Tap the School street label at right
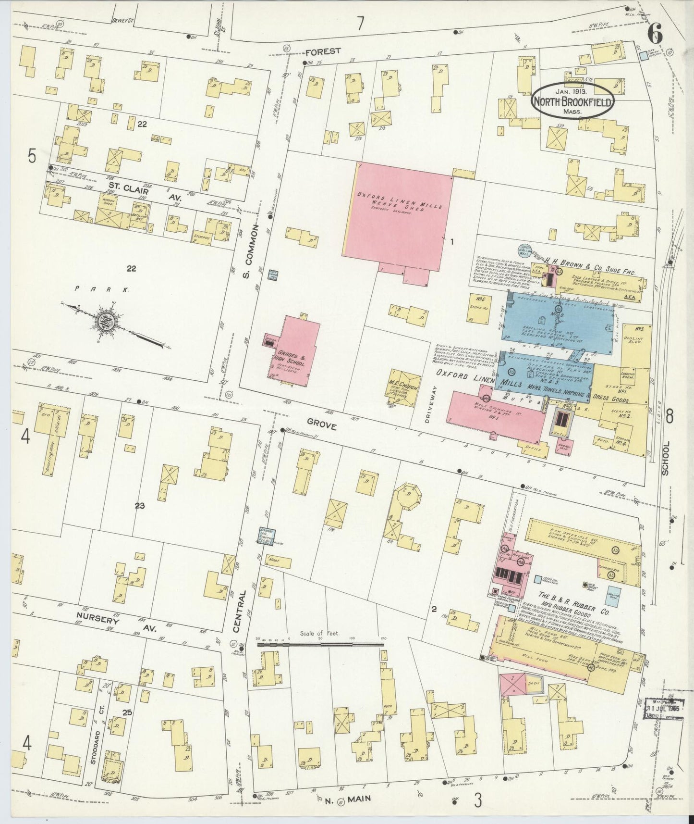pyautogui.click(x=665, y=459)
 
